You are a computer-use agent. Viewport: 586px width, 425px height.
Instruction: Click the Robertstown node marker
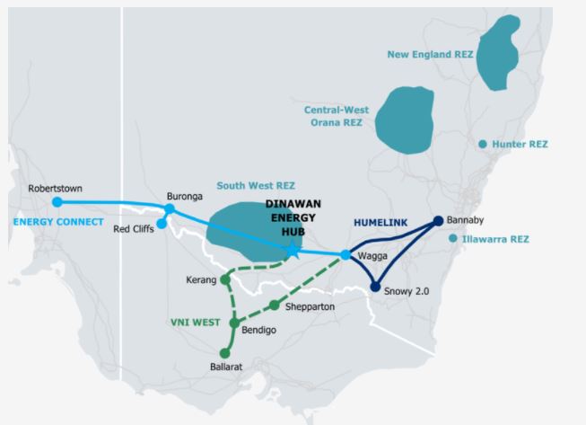[57, 202]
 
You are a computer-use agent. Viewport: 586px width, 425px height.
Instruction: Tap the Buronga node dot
[170, 209]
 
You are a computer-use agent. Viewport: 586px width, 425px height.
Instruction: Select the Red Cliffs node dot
[162, 224]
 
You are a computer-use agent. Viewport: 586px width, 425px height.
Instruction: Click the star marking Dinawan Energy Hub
[293, 251]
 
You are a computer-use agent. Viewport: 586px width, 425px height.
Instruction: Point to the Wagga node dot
[345, 255]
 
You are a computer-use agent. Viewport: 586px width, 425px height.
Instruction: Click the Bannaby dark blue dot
[438, 221]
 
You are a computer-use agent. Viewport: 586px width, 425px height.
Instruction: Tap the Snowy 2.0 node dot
[375, 288]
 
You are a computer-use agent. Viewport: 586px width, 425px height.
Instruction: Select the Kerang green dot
[225, 279]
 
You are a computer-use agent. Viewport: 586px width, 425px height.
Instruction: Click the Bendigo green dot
[234, 323]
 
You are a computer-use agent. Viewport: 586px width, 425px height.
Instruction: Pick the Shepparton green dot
[275, 305]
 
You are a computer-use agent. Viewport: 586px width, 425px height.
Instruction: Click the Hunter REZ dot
[483, 144]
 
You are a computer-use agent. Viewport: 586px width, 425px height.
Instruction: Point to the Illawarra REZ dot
[452, 239]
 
